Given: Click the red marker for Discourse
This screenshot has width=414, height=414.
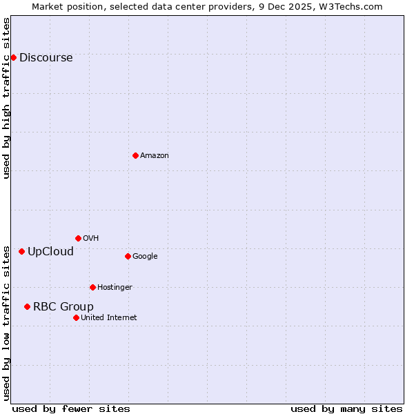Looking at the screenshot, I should click(13, 57).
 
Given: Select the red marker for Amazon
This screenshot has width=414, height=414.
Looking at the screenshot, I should click(135, 155).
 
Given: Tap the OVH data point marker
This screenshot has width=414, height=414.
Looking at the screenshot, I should click(78, 238).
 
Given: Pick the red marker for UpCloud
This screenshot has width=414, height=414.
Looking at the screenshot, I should click(21, 251).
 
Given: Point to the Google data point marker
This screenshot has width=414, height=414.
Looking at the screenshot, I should click(128, 256).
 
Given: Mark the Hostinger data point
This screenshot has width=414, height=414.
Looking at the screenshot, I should click(92, 287).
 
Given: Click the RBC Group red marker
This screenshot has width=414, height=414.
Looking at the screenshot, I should click(27, 306).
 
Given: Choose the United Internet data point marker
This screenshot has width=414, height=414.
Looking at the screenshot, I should click(76, 317).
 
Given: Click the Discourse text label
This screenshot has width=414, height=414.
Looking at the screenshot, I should click(46, 58).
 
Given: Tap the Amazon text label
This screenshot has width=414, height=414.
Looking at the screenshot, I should click(154, 156).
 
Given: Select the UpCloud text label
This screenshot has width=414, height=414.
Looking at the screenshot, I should click(50, 252).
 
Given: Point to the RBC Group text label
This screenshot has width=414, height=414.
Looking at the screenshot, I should click(63, 307).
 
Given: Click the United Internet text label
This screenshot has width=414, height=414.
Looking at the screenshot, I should click(108, 318).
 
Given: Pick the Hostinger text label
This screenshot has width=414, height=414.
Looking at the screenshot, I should click(115, 288).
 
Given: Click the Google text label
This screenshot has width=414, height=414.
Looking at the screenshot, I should click(145, 257).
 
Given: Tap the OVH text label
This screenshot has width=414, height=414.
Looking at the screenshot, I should click(90, 239).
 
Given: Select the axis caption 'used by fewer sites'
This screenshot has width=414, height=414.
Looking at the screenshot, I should click(71, 408).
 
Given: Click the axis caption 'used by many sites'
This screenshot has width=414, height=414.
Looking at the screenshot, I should click(346, 408).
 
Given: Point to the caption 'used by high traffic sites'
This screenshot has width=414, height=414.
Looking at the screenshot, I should click(6, 98).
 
